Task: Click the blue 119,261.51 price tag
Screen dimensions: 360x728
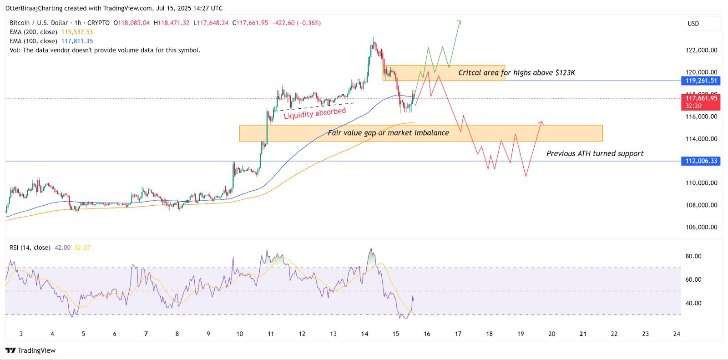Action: pyautogui.click(x=700, y=81)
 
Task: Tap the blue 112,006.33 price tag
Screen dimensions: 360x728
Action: pyautogui.click(x=700, y=161)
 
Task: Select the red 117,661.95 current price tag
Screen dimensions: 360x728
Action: pyautogui.click(x=700, y=98)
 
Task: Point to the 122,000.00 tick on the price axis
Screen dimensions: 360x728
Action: pyautogui.click(x=701, y=50)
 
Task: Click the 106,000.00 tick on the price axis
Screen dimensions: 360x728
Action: pyautogui.click(x=701, y=227)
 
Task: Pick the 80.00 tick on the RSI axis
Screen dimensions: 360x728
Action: pyautogui.click(x=693, y=256)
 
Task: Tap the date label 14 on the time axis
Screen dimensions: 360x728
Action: pyautogui.click(x=364, y=334)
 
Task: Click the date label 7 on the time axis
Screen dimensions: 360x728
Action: pyautogui.click(x=146, y=334)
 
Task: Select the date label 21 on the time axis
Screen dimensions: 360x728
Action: pyautogui.click(x=583, y=334)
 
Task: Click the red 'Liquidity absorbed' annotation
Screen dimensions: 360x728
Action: pyautogui.click(x=315, y=113)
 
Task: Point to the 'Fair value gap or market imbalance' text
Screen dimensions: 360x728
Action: pyautogui.click(x=388, y=133)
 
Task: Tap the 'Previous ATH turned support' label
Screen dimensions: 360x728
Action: pyautogui.click(x=595, y=153)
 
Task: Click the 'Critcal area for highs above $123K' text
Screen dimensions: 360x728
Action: pyautogui.click(x=516, y=73)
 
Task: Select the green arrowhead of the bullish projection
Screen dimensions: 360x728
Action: pyautogui.click(x=460, y=21)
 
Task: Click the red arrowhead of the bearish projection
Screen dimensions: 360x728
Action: pyautogui.click(x=541, y=122)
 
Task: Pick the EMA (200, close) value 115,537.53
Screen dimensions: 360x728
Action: pyautogui.click(x=77, y=32)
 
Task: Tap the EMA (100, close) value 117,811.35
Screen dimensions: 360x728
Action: pyautogui.click(x=77, y=41)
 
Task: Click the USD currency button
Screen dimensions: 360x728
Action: pyautogui.click(x=693, y=24)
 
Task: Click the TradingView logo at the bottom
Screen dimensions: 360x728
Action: pyautogui.click(x=30, y=350)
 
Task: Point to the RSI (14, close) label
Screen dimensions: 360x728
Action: pyautogui.click(x=30, y=248)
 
